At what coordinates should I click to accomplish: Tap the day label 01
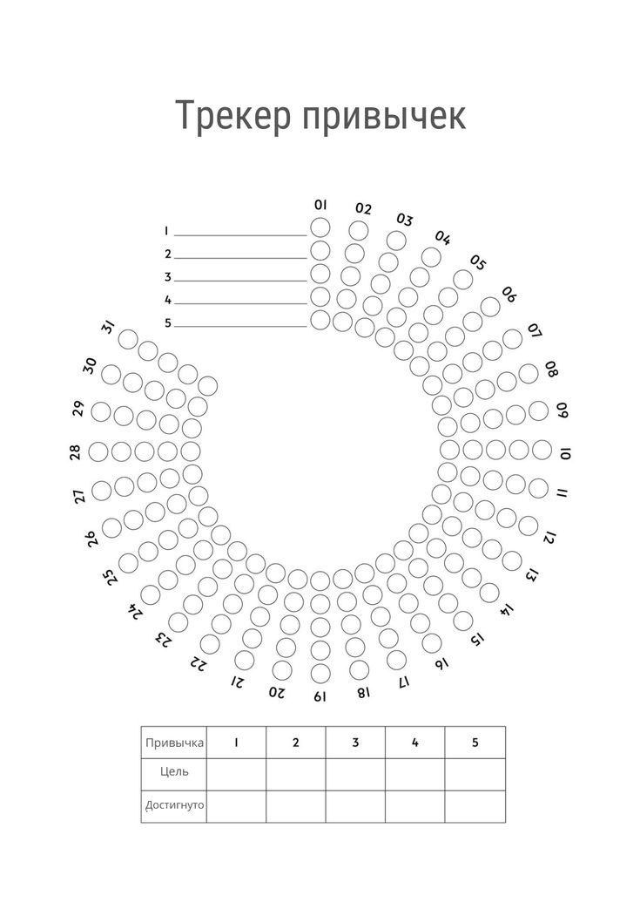pyautogui.click(x=320, y=205)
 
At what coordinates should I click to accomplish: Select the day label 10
pyautogui.click(x=565, y=453)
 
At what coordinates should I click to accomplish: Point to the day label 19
pyautogui.click(x=320, y=696)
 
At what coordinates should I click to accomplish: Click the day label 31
pyautogui.click(x=108, y=328)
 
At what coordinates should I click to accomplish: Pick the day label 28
pyautogui.click(x=75, y=451)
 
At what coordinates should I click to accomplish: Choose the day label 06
pyautogui.click(x=509, y=295)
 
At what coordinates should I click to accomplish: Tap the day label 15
pyautogui.click(x=477, y=640)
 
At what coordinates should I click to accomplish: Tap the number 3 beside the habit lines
pyautogui.click(x=167, y=277)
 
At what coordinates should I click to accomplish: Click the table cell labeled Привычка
pyautogui.click(x=174, y=743)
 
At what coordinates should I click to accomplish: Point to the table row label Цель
pyautogui.click(x=174, y=772)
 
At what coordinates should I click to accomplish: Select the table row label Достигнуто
pyautogui.click(x=174, y=805)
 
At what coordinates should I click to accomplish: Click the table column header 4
pyautogui.click(x=415, y=743)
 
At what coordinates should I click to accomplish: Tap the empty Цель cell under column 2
pyautogui.click(x=296, y=774)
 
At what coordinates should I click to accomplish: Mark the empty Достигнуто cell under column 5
pyautogui.click(x=475, y=806)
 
